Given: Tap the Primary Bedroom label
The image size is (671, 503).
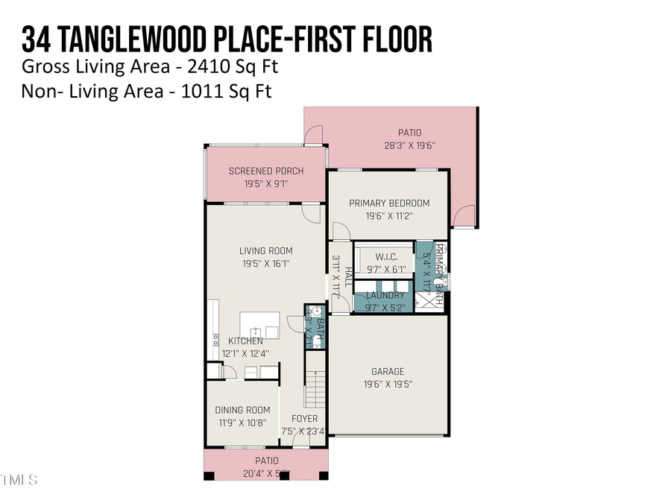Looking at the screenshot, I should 389,203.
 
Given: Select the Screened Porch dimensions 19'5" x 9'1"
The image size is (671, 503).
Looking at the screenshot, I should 265,183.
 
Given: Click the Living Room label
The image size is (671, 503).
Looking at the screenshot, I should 265,251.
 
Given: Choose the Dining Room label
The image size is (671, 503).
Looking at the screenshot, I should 242,410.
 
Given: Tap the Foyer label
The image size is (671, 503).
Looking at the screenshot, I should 304,419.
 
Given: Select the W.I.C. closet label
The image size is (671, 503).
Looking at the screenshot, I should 384,256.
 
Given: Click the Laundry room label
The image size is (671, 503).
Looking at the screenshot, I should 385,296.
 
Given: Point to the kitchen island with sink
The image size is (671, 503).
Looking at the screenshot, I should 259,326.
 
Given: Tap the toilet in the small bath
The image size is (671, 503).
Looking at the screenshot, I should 316,342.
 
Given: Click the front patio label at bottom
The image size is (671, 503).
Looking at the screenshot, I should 266,461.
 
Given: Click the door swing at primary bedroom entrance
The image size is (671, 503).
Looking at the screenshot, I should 340,232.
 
